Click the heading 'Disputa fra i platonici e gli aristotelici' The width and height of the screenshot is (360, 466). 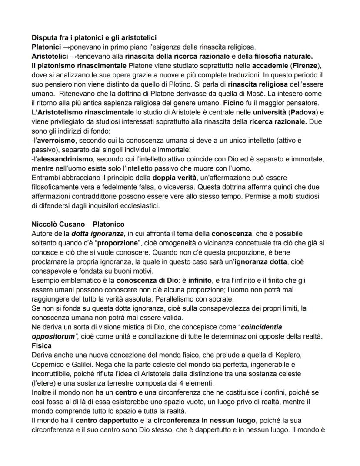pyautogui.click(x=94, y=38)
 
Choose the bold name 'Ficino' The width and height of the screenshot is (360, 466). pyautogui.click(x=235, y=103)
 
